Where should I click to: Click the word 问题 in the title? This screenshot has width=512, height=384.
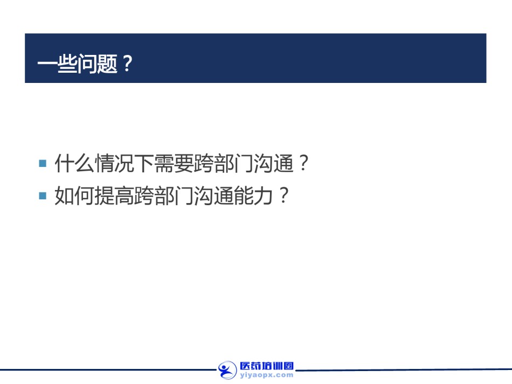[x=98, y=64]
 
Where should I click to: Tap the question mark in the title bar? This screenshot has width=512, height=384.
[x=127, y=64]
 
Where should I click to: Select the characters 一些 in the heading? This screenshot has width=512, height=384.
[x=58, y=64]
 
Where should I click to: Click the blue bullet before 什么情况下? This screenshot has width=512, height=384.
[x=43, y=163]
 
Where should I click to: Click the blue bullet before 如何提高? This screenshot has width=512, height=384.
[x=43, y=196]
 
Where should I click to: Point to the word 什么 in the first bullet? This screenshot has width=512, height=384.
[x=74, y=163]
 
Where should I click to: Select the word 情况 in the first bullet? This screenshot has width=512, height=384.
[x=114, y=163]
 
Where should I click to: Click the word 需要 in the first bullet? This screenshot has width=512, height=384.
[x=174, y=163]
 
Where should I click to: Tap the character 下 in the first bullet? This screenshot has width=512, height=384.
[x=144, y=163]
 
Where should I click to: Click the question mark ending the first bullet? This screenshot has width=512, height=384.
[x=303, y=163]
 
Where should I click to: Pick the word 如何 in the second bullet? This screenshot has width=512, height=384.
[x=74, y=196]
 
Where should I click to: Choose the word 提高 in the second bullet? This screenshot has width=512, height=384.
[x=114, y=196]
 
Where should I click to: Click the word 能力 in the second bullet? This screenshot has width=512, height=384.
[x=254, y=196]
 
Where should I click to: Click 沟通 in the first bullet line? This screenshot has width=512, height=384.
[x=274, y=163]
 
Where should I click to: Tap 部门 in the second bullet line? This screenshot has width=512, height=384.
[x=174, y=196]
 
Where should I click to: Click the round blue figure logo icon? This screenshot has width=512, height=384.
[x=227, y=371]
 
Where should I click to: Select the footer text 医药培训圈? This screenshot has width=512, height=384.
[x=267, y=366]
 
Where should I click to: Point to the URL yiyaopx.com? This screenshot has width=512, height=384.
[x=267, y=375]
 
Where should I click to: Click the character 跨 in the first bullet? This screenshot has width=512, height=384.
[x=204, y=163]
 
